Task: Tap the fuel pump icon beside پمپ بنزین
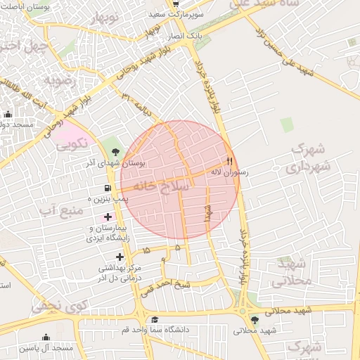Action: coord(107,188)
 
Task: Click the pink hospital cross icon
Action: coord(107,217)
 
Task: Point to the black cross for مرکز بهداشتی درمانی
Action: coord(120,257)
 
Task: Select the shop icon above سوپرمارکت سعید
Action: coord(175,4)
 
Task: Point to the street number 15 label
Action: coord(146,250)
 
